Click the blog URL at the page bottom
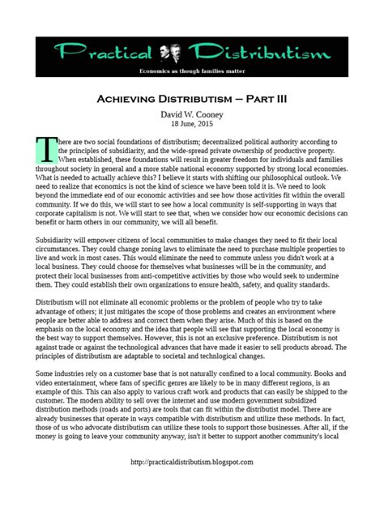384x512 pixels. [x=191, y=484]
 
